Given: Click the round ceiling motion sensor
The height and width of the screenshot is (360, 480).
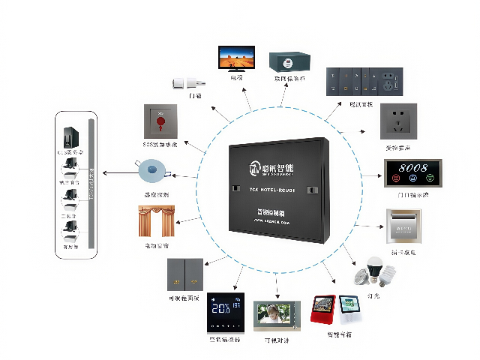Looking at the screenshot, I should [153, 170].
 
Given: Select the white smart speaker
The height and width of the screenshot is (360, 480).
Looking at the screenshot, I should [349, 312].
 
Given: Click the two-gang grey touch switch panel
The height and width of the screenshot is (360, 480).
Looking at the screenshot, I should [185, 274].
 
